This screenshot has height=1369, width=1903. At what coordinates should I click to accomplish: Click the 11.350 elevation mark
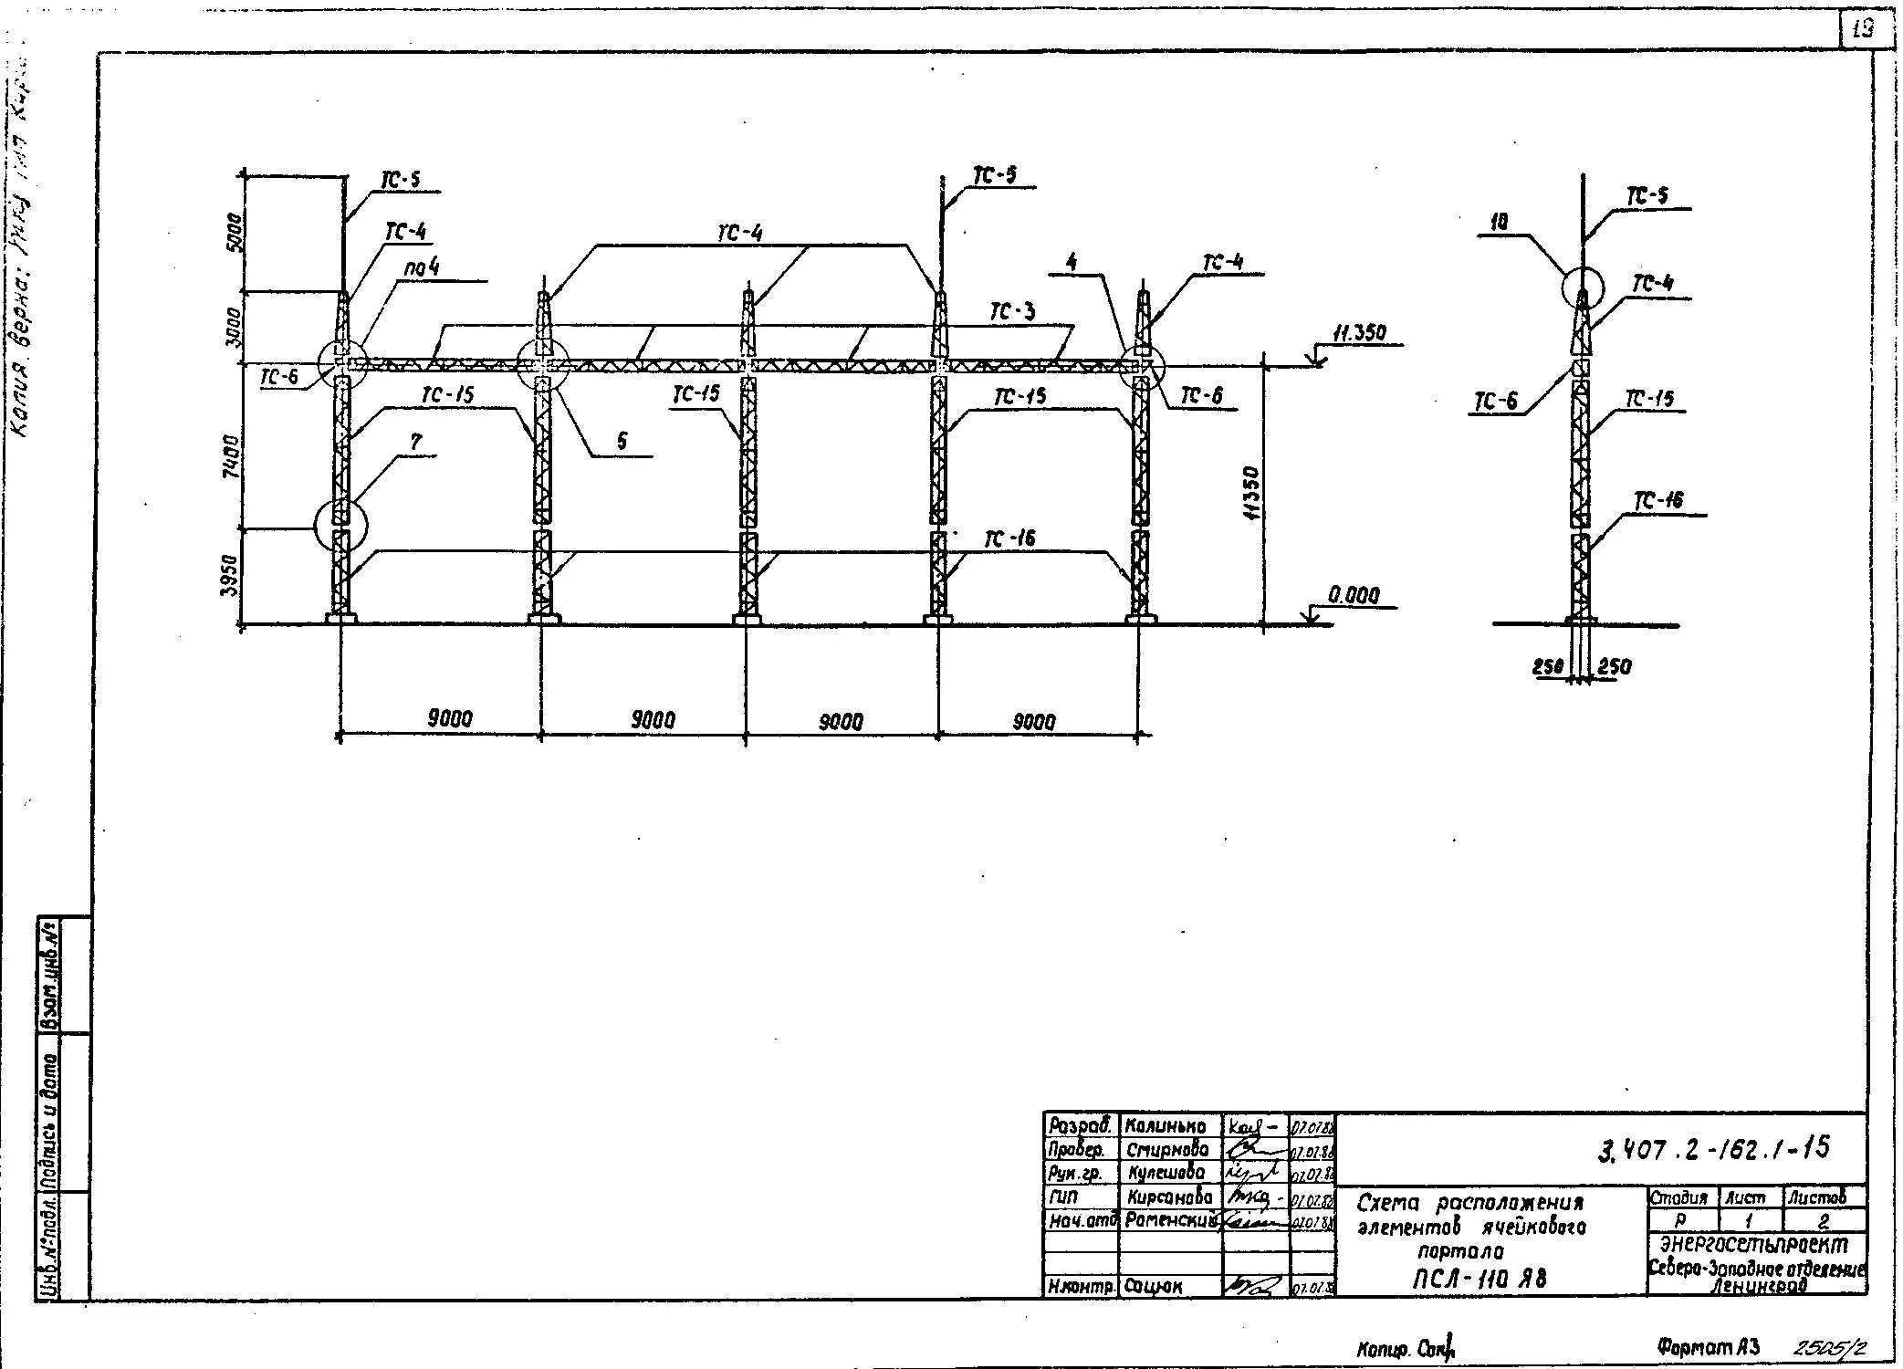1359,333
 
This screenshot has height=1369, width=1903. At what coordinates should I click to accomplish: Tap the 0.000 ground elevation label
1354,595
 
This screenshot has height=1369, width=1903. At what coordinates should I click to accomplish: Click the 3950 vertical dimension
232,575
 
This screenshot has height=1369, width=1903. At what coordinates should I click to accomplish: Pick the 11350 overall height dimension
1251,493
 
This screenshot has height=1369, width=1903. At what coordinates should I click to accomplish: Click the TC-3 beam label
1013,313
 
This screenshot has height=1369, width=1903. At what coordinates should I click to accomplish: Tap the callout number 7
416,443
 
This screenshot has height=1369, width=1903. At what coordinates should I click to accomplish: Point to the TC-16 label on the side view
1658,501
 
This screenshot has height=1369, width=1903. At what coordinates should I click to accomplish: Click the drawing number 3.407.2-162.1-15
1714,1148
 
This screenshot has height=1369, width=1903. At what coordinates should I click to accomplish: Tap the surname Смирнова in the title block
1167,1150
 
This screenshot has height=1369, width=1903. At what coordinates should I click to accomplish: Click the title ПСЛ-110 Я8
1480,1279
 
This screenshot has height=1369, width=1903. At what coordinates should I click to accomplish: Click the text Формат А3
1707,1347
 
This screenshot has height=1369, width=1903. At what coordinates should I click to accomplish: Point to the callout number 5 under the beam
622,442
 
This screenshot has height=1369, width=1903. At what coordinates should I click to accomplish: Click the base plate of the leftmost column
341,620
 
